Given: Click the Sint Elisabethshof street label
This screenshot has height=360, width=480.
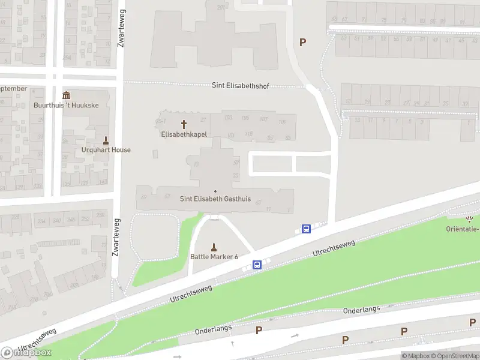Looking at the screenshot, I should [240, 85].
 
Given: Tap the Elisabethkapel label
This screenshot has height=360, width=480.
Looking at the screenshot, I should [184, 134].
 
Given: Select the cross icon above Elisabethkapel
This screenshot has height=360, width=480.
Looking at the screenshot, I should [184, 124].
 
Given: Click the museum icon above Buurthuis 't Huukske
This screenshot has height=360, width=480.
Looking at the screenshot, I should [67, 95].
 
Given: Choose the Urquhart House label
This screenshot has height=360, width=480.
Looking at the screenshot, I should [106, 150].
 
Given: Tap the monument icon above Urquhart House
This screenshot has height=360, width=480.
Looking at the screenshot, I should [106, 140].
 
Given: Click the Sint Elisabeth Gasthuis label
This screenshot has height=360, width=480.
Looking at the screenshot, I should [215, 199].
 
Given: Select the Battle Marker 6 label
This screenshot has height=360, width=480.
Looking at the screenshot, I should [214, 257].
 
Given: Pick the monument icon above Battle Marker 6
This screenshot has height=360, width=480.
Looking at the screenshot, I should [214, 247].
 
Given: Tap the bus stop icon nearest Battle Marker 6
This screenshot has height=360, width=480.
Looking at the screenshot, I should [257, 265].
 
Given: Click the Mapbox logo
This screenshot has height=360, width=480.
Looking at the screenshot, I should [26, 352].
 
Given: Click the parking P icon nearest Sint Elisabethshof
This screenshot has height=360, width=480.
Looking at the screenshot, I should [303, 42].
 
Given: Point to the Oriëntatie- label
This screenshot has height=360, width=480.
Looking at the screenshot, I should [463, 229].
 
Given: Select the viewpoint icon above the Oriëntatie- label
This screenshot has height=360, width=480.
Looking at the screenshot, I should [470, 220].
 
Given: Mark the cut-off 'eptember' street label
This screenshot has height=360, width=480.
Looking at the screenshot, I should [13, 89].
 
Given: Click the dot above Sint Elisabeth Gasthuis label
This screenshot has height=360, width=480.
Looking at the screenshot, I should [215, 191].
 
